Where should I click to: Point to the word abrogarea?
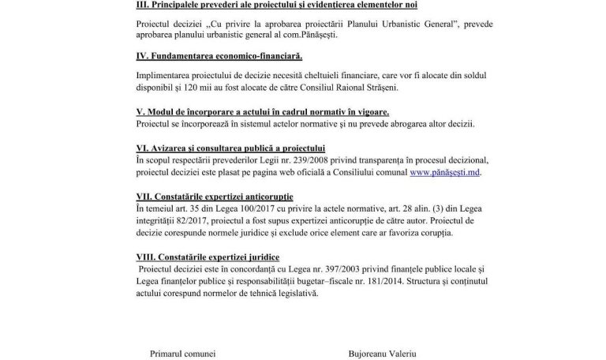tap(416, 124)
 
